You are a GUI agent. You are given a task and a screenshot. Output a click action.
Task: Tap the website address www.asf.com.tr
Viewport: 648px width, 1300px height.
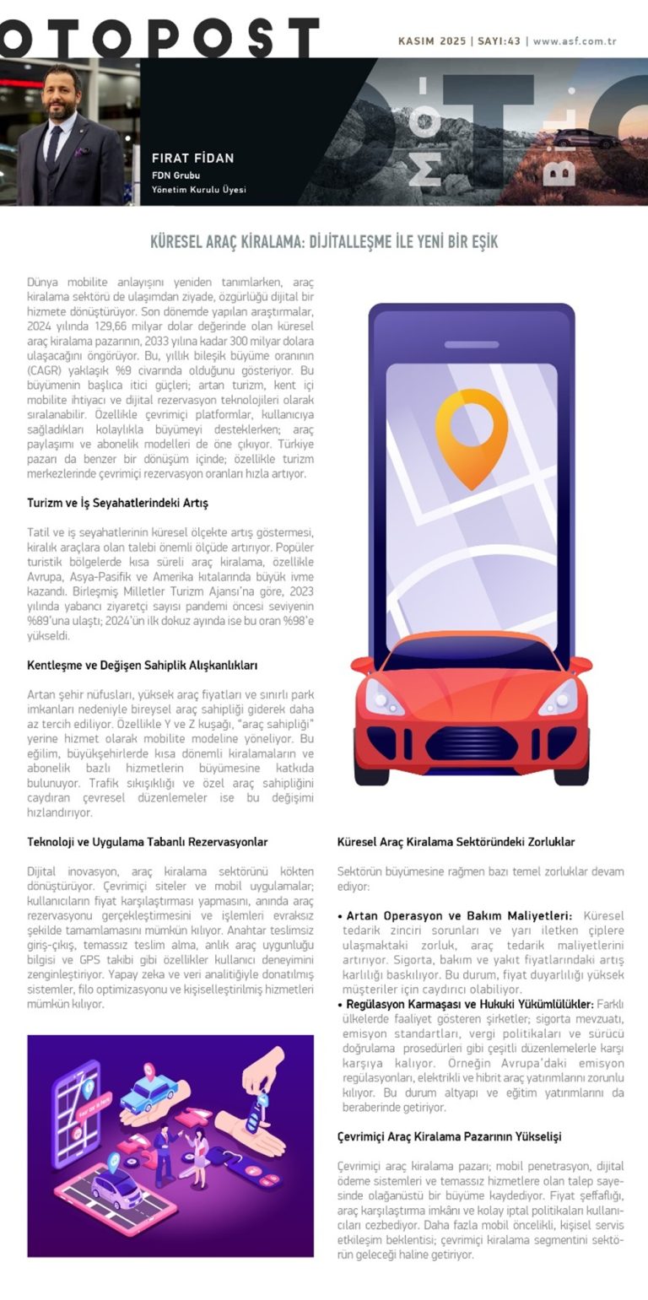[575, 40]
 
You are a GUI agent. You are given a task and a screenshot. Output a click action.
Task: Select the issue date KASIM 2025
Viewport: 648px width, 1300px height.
[432, 40]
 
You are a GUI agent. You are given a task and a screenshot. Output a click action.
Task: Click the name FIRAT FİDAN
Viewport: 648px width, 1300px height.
[192, 158]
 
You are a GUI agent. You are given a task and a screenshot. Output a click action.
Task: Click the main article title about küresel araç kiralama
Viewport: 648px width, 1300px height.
[324, 242]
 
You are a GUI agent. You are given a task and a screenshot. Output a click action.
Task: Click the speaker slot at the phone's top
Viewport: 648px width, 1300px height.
[472, 344]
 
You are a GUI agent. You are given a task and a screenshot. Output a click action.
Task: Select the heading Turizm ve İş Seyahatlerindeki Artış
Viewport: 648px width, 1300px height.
[117, 503]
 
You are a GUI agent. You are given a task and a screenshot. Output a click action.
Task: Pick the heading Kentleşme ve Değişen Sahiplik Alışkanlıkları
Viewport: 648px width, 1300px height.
[142, 665]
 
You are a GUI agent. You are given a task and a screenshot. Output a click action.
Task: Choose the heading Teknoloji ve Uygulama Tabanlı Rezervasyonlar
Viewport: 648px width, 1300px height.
[147, 842]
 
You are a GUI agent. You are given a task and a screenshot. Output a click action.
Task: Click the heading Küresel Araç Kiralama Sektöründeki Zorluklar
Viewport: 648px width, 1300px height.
[456, 842]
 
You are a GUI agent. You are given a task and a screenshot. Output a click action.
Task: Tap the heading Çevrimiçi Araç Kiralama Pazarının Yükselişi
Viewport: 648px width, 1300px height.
[449, 1137]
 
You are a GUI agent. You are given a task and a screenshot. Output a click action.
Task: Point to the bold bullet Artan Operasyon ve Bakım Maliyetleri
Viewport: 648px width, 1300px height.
[459, 915]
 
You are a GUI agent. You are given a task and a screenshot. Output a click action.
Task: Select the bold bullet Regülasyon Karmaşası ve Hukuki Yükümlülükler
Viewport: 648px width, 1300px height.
[469, 1004]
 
